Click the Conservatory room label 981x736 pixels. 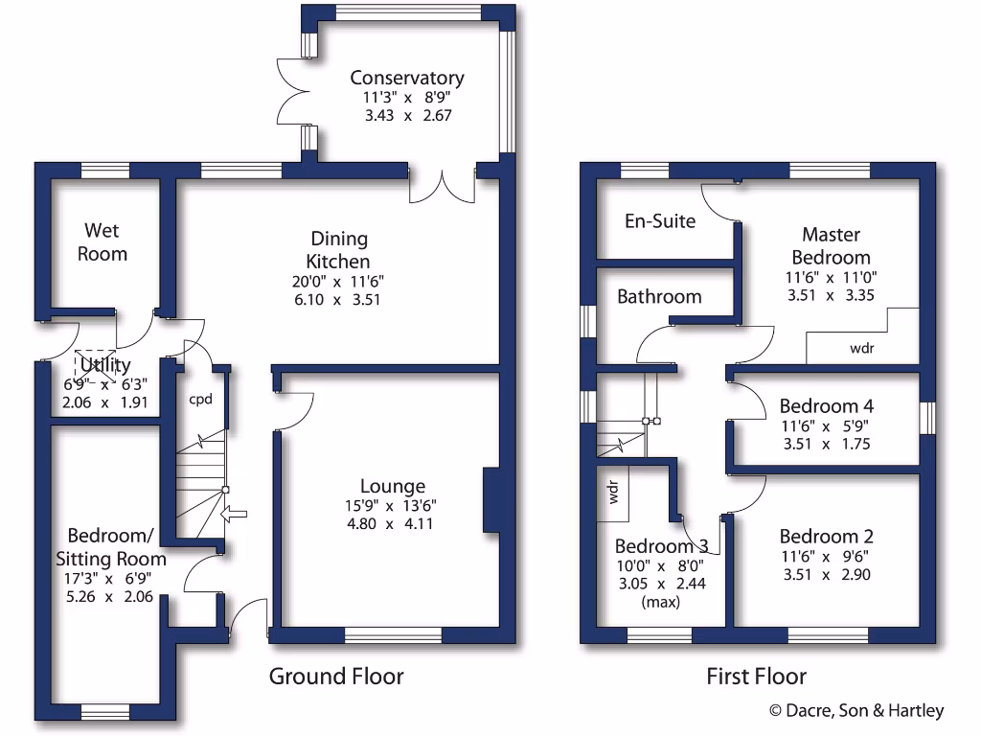click(x=407, y=79)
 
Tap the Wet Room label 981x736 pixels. click(x=105, y=242)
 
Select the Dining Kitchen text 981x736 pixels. click(x=338, y=250)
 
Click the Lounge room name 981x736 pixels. click(x=393, y=487)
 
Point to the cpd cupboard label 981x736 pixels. click(x=199, y=399)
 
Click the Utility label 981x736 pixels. click(x=105, y=365)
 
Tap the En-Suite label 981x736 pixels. click(x=660, y=221)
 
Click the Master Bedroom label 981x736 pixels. click(x=831, y=245)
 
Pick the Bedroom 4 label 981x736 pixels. click(x=827, y=405)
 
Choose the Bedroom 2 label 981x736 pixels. click(x=827, y=537)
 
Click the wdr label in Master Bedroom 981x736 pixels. click(x=862, y=348)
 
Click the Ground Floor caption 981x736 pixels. click(x=336, y=677)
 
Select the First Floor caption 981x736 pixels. click(x=757, y=677)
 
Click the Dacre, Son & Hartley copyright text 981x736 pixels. click(x=856, y=711)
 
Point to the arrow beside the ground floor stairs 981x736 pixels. click(x=233, y=516)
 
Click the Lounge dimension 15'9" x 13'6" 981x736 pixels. click(x=393, y=506)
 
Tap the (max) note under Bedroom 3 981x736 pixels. click(x=661, y=603)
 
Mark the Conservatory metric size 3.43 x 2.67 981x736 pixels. click(x=407, y=115)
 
